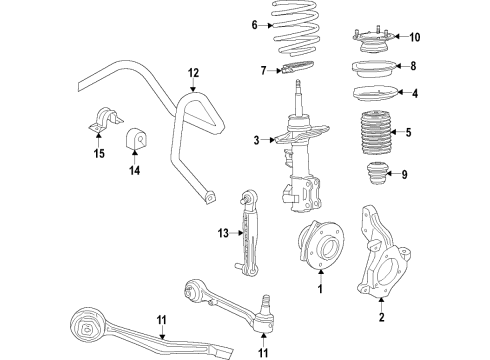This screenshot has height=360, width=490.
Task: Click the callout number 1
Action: (319, 289)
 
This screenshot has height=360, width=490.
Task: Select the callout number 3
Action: (257, 139)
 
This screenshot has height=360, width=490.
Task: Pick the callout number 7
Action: (262, 70)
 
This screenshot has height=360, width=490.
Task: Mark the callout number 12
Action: (194, 72)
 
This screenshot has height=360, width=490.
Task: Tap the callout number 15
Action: (98, 152)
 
